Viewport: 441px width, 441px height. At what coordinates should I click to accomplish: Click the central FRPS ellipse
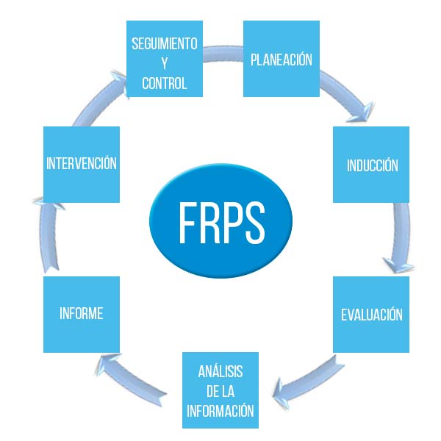click(x=220, y=220)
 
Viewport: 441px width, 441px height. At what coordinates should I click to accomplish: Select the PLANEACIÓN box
click(x=281, y=59)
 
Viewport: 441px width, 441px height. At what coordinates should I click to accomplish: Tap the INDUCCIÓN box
click(x=371, y=165)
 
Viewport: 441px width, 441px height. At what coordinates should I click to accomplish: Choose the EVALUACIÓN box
click(x=371, y=315)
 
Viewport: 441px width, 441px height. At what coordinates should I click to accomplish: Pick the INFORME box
click(x=81, y=314)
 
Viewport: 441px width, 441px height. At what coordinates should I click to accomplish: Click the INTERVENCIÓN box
click(x=81, y=164)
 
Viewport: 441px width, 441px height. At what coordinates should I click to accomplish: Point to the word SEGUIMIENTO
click(x=164, y=43)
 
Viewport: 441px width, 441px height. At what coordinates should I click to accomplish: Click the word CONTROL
click(x=164, y=83)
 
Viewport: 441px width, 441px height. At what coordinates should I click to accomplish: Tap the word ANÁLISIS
click(x=220, y=372)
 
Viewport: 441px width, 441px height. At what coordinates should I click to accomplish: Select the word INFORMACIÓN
click(x=220, y=411)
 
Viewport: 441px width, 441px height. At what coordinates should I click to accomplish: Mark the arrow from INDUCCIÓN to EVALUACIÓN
click(x=401, y=243)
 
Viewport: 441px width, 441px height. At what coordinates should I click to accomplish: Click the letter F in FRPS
click(x=188, y=220)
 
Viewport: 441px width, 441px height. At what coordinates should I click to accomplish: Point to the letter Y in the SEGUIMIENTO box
click(x=164, y=63)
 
